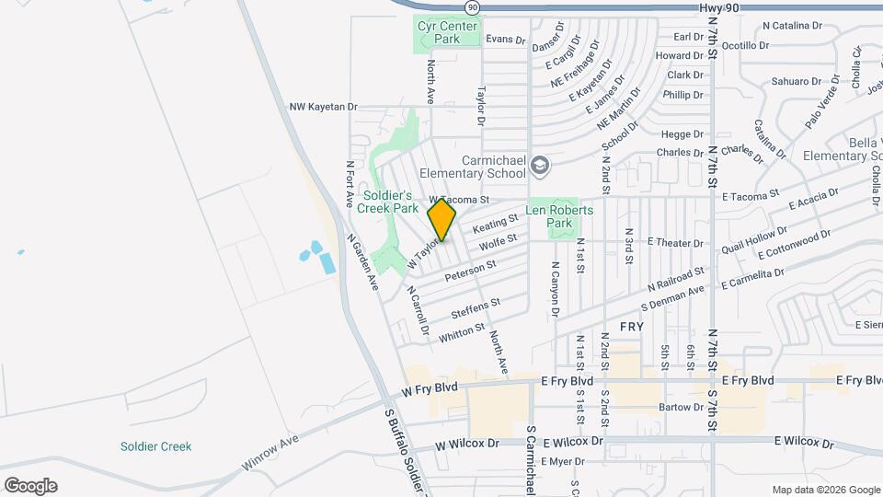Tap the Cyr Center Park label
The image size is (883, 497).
[447, 32]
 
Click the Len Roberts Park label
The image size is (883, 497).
[559, 216]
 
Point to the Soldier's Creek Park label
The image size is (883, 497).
[390, 202]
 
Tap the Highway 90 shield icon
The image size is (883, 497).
[472, 7]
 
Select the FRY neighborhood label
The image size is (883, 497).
[631, 327]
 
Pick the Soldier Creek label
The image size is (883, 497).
[155, 446]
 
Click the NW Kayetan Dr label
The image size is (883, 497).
[322, 107]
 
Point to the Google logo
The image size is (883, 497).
[30, 485]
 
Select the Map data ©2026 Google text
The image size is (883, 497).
[825, 490]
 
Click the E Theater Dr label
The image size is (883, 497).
[675, 243]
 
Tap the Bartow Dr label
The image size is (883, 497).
[681, 407]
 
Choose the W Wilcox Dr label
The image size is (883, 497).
[467, 444]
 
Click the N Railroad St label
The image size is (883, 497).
[675, 279]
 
